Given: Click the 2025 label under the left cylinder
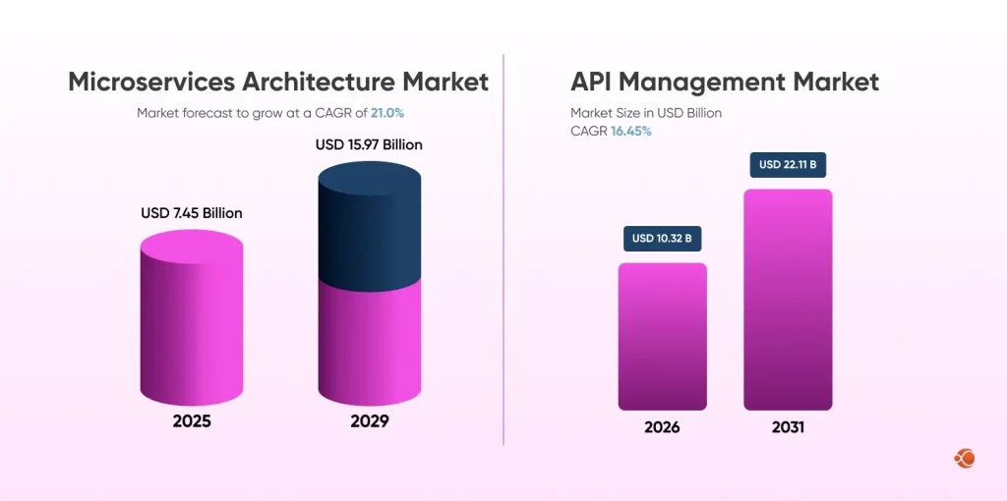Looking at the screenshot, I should [x=191, y=421].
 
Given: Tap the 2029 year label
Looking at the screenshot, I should [x=369, y=421].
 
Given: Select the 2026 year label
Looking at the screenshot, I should [x=662, y=427].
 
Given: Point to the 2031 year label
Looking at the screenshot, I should [x=788, y=427].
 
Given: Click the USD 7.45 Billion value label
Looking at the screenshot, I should [x=192, y=213].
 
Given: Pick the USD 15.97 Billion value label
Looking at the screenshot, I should [x=369, y=144].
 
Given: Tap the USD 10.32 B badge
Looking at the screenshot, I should [x=662, y=238].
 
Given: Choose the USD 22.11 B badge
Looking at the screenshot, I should [x=788, y=164].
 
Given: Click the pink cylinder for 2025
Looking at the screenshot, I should [x=192, y=324].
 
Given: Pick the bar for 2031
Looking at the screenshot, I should [x=788, y=300].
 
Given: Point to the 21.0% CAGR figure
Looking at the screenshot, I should [x=387, y=113].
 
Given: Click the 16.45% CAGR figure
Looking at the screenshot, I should [x=630, y=131].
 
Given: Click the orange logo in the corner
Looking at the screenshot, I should [x=964, y=458].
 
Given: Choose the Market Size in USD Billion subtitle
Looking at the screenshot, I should [x=646, y=113].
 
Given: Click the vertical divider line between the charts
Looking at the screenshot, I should [x=503, y=246].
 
